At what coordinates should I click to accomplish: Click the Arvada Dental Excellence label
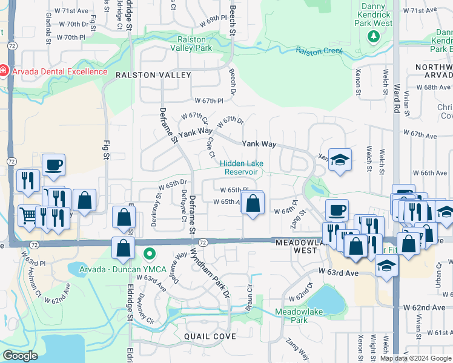click(x=58, y=71)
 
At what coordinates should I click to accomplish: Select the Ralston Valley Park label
click(x=191, y=43)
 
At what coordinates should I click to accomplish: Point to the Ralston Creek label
click(x=319, y=51)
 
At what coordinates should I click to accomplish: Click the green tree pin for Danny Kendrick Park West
click(x=374, y=37)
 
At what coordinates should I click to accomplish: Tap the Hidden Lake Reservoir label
click(x=239, y=168)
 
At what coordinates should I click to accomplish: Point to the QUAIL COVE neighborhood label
click(x=208, y=335)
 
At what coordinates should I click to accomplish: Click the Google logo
click(x=20, y=356)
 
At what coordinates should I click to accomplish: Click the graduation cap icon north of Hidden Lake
click(x=340, y=160)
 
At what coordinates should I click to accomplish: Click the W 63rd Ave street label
click(x=338, y=273)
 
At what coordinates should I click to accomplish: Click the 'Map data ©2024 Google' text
click(x=415, y=358)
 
